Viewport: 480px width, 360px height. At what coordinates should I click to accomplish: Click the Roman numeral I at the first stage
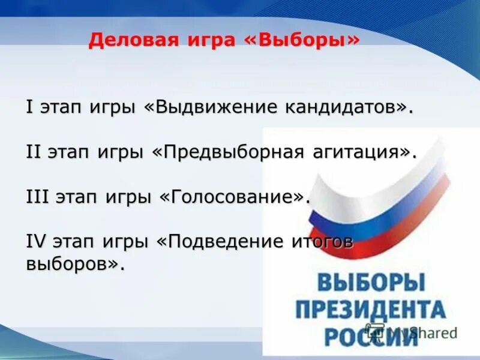[x=29, y=107]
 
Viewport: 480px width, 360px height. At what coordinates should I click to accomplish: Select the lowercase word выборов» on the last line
[x=75, y=263]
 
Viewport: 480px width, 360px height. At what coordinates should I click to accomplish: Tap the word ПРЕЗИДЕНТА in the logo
[x=370, y=310]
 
